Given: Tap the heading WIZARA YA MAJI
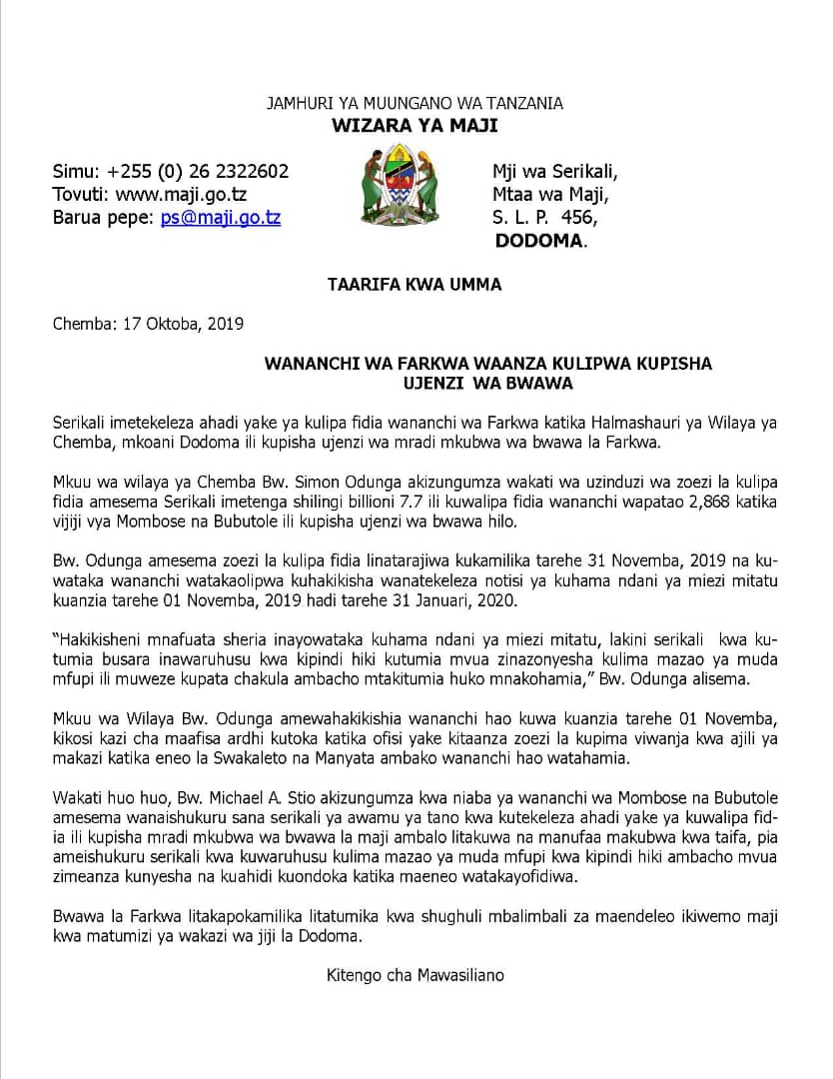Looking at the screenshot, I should click(x=415, y=126).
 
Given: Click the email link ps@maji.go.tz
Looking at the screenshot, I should click(x=221, y=217).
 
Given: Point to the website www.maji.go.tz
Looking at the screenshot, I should click(x=181, y=194).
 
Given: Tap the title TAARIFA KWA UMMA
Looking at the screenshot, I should click(x=415, y=285).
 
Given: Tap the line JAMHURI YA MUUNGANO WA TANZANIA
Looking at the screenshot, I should click(x=415, y=103).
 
